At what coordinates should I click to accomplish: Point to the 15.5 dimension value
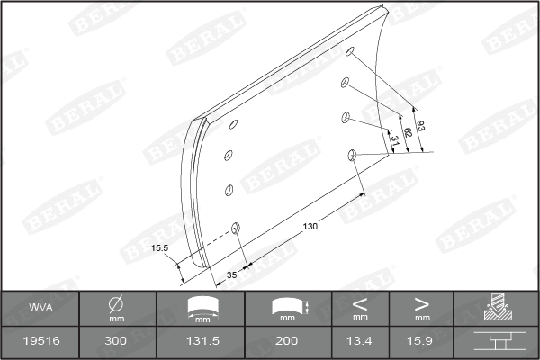161,247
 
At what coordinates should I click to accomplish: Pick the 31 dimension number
393,139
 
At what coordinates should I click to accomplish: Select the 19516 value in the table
39,343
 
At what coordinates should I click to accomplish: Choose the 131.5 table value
202,343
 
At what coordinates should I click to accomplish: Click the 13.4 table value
360,343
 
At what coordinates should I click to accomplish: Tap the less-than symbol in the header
360,304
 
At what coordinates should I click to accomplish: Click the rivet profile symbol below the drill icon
496,343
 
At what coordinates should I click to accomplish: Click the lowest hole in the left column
236,227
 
